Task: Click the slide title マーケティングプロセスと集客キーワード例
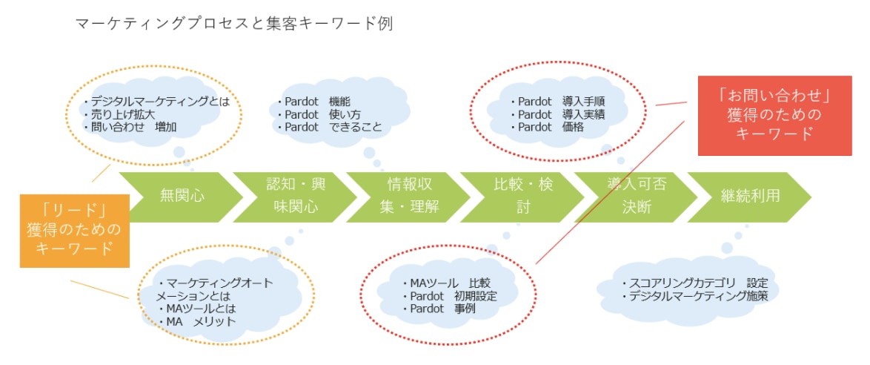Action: (234, 24)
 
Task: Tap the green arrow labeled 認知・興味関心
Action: (292, 197)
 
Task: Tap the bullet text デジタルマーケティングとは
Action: (159, 102)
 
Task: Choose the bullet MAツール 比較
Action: (445, 283)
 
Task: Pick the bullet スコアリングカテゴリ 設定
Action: (694, 283)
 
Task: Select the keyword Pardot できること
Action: (331, 127)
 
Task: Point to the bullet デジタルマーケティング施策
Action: (694, 296)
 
